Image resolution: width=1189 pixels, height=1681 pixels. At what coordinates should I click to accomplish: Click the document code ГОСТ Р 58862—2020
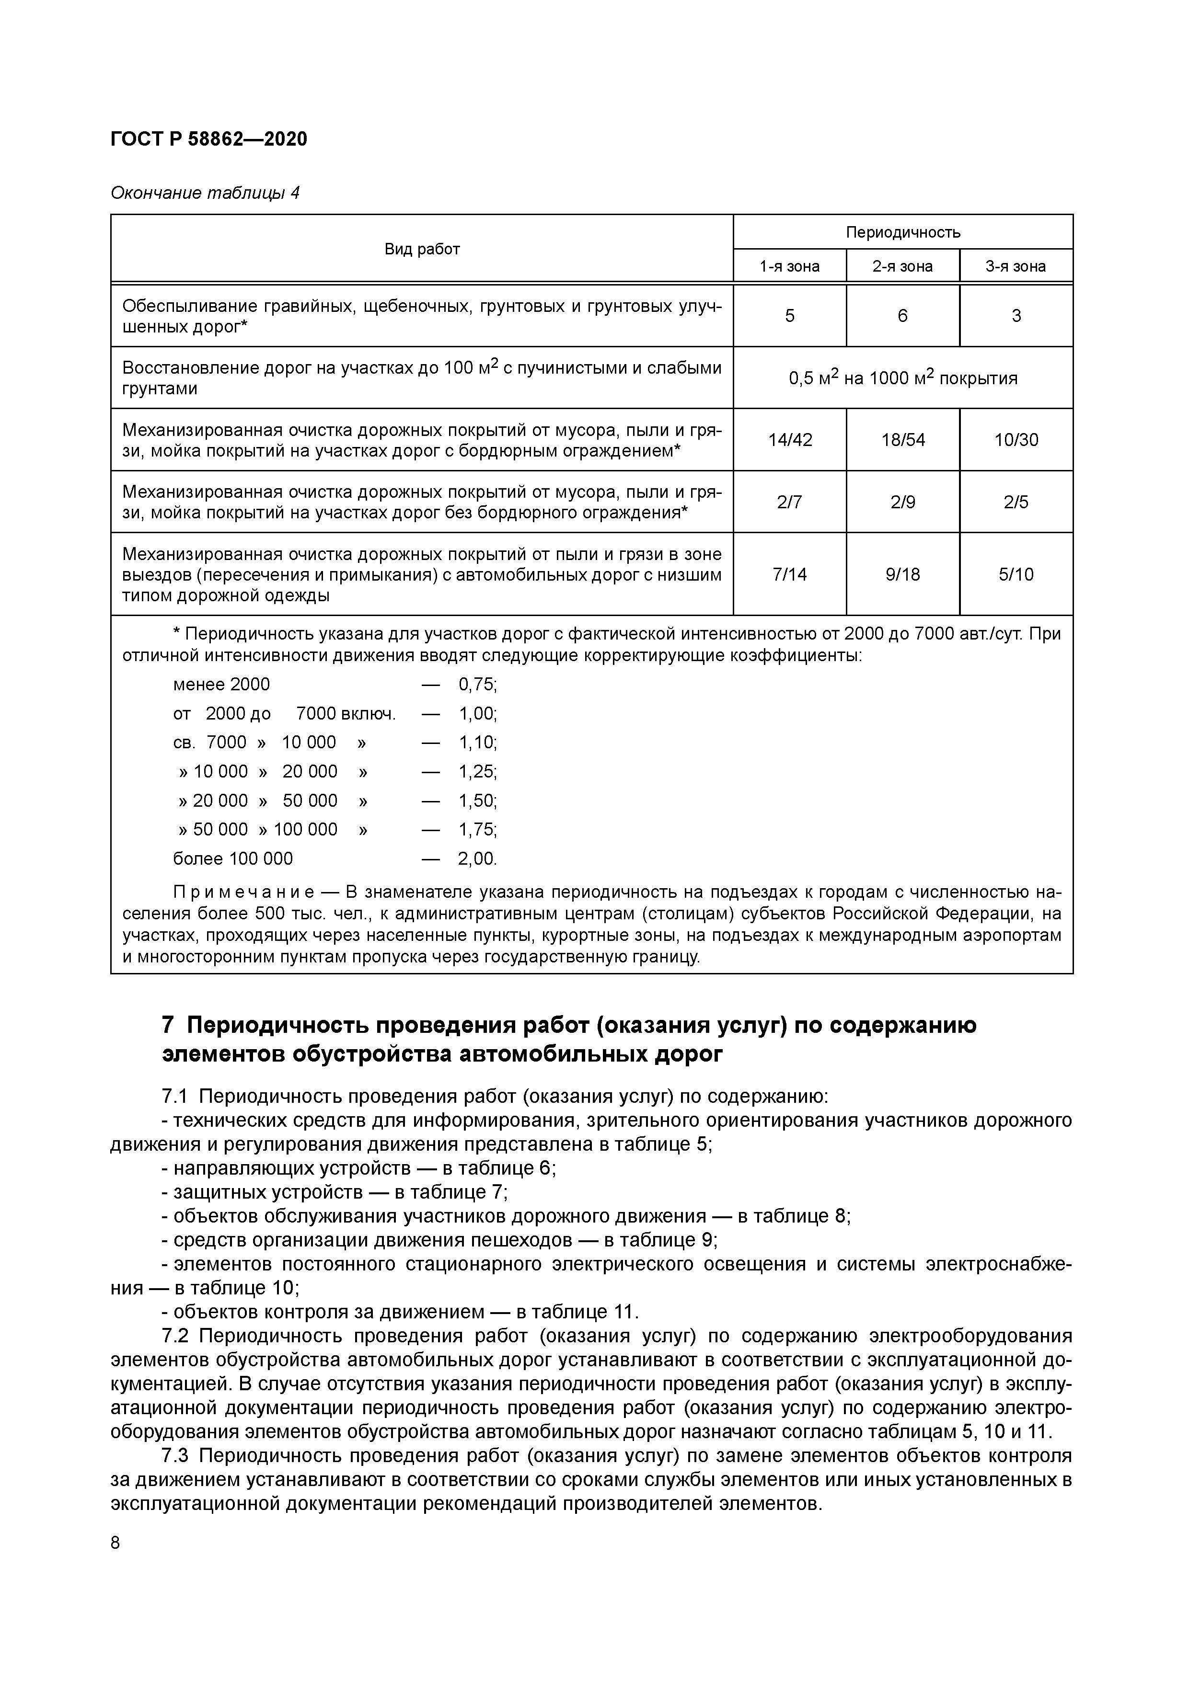pyautogui.click(x=209, y=139)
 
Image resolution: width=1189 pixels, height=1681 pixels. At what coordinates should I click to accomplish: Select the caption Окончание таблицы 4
pyautogui.click(x=205, y=193)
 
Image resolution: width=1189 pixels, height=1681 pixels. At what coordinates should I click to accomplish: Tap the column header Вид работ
pyautogui.click(x=422, y=250)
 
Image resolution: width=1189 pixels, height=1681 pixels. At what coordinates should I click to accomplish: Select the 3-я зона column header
pyautogui.click(x=1016, y=266)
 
